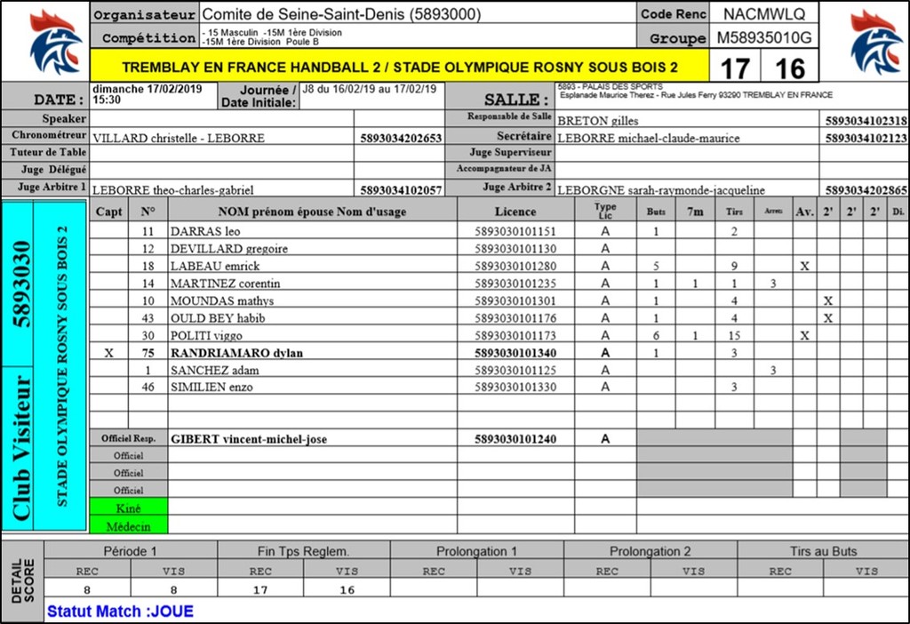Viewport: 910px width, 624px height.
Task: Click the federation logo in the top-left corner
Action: tap(56, 42)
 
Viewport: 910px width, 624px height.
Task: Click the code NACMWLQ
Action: tap(763, 14)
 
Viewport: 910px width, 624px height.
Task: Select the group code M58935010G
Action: tap(763, 38)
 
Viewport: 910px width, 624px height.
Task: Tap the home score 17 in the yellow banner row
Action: tap(734, 68)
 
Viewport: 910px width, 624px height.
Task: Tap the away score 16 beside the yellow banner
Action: tap(789, 68)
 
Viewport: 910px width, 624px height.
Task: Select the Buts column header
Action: tap(656, 212)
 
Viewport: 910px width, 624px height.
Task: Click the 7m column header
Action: tap(695, 212)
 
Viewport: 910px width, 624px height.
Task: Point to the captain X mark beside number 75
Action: tap(109, 353)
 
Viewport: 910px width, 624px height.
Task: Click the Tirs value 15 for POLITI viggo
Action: tap(734, 336)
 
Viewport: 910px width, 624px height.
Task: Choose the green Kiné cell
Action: tap(128, 508)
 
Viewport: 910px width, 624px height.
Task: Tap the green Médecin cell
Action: tap(128, 525)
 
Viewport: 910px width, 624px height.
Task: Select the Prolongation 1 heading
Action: tap(476, 551)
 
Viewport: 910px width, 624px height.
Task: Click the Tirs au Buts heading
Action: tap(823, 551)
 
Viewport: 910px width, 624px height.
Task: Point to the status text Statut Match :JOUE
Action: tap(120, 612)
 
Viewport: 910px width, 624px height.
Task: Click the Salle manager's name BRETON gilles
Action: tap(597, 121)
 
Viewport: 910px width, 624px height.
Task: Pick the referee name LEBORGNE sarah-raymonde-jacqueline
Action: tap(660, 190)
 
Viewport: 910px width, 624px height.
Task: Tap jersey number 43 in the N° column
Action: tap(148, 318)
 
